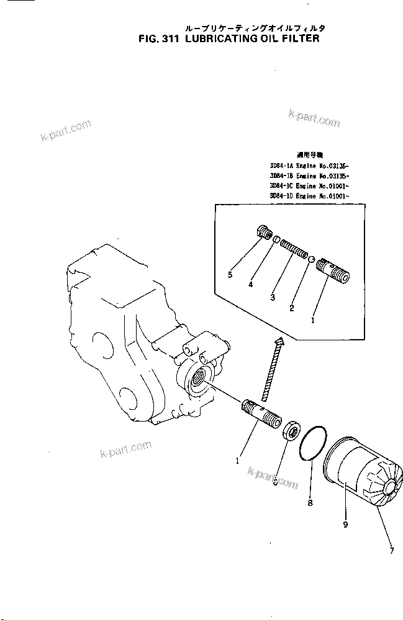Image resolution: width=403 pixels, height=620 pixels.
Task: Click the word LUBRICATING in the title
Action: [220, 38]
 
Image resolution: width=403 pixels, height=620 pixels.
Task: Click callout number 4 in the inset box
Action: [251, 285]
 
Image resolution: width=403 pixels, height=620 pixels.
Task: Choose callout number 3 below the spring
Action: [272, 298]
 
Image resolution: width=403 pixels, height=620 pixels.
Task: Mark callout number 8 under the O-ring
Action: [310, 503]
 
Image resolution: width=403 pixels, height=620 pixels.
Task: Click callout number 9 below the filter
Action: [345, 524]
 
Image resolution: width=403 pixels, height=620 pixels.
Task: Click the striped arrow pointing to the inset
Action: [273, 368]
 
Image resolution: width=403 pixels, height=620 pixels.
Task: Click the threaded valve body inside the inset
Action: [332, 271]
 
